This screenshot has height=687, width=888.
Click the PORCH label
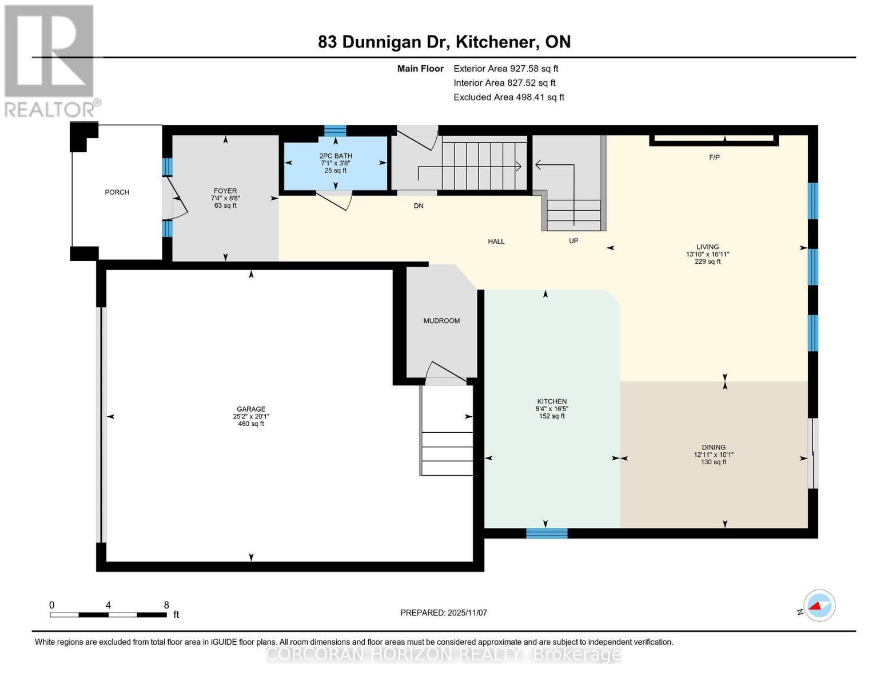(x=117, y=192)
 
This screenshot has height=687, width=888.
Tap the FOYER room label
(x=225, y=191)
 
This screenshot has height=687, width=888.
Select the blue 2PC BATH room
(x=336, y=163)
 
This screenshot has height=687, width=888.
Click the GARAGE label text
(x=251, y=409)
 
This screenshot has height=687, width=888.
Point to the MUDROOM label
(x=441, y=321)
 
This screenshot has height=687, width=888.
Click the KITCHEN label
(x=552, y=402)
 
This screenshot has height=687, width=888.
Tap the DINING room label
(x=714, y=448)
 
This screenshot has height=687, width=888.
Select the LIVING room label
(x=707, y=247)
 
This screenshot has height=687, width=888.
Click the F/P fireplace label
(x=714, y=157)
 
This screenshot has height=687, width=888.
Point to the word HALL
(x=496, y=242)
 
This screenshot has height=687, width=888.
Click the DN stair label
(x=419, y=206)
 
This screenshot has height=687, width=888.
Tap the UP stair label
(x=574, y=241)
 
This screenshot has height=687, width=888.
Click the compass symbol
(x=819, y=606)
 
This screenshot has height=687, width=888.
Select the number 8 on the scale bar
(x=166, y=605)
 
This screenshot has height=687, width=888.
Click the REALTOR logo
(x=50, y=60)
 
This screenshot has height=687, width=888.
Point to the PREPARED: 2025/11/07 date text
(x=444, y=613)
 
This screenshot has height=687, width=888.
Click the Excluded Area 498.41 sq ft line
(x=508, y=97)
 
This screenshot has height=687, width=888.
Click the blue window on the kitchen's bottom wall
(x=547, y=534)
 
